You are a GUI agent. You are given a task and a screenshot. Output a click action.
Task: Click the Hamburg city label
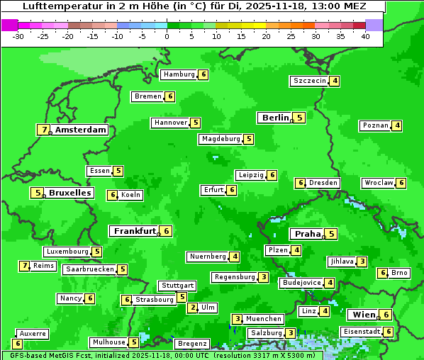(x=179, y=74)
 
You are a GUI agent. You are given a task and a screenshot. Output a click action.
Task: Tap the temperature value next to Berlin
(x=300, y=118)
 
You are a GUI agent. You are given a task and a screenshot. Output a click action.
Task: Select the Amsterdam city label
(x=81, y=130)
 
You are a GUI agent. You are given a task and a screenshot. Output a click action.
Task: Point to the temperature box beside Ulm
(x=193, y=308)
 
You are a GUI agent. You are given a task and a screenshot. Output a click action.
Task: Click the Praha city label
(x=308, y=234)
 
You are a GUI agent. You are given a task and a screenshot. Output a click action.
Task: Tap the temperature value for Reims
(x=25, y=266)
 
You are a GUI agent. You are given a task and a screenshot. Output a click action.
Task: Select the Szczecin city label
(x=310, y=81)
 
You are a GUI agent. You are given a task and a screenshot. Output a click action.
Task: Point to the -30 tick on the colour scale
(x=18, y=36)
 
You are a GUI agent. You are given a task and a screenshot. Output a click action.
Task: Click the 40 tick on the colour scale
(x=365, y=36)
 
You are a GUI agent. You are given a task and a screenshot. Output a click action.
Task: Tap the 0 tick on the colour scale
(x=167, y=36)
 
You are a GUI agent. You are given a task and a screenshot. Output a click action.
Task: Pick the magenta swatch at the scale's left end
(x=9, y=25)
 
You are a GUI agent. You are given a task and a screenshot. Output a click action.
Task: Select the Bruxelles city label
(x=70, y=193)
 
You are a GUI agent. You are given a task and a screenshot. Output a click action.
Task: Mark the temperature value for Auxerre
(x=18, y=344)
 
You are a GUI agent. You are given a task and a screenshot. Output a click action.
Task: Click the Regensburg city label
(x=234, y=277)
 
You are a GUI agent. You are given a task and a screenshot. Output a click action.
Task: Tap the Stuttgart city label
(x=177, y=286)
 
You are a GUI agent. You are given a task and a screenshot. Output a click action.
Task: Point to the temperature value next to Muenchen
(x=238, y=319)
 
